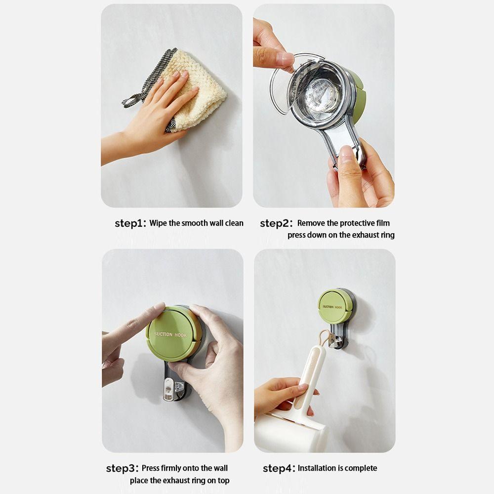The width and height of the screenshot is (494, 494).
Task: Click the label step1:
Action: (x=130, y=223)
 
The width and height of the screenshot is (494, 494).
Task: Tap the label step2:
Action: (x=276, y=223)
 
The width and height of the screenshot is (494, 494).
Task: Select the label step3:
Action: (x=122, y=468)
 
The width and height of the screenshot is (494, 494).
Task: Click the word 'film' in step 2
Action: (x=383, y=223)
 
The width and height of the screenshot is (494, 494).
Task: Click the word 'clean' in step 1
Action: (x=234, y=223)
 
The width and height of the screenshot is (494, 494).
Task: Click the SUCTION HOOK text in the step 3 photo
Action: (x=170, y=334)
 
